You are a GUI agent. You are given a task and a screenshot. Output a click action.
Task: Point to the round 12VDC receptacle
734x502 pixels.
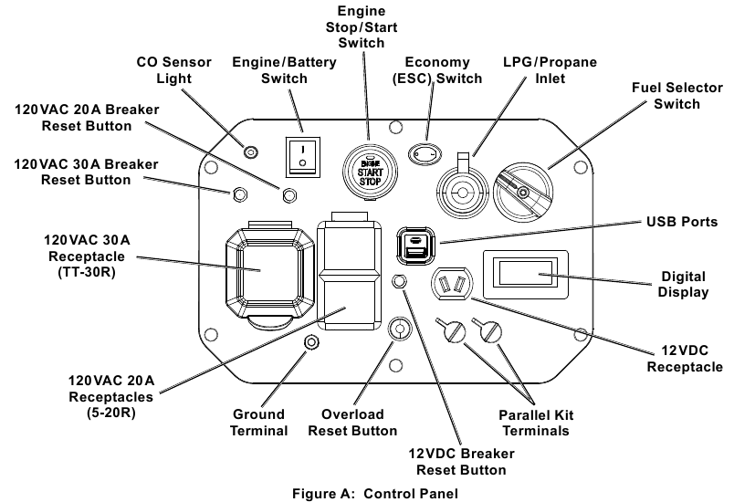[x=450, y=286]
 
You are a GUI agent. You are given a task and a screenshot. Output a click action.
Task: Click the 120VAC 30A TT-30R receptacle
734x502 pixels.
[x=260, y=270]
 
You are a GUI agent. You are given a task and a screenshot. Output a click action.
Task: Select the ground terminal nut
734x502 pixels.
[x=310, y=342]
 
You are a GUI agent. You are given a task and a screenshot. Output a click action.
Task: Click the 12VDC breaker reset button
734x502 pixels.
[x=398, y=281]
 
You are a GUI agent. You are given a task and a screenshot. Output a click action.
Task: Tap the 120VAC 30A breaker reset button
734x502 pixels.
[x=240, y=193]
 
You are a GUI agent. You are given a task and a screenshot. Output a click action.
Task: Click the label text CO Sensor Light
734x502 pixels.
[x=173, y=70]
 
